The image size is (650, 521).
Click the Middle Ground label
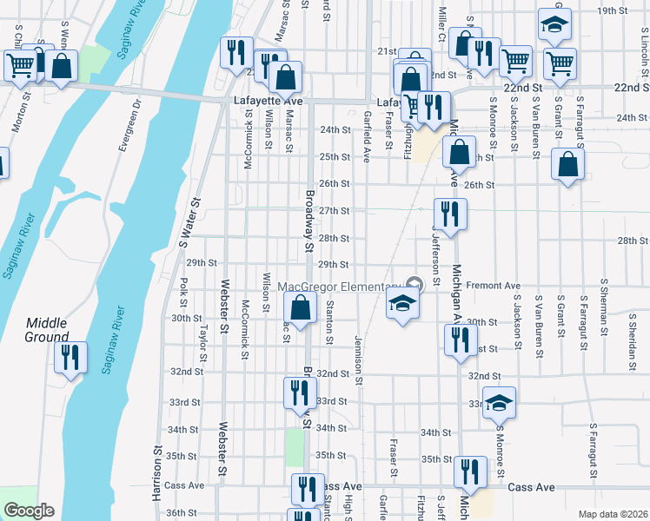pyautogui.click(x=47, y=330)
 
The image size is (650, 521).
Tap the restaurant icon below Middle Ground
pyautogui.click(x=70, y=358)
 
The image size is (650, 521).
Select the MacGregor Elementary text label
pyautogui.click(x=344, y=287)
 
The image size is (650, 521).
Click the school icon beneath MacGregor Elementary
pyautogui.click(x=402, y=304)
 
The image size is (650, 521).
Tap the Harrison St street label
pyautogui.click(x=157, y=473)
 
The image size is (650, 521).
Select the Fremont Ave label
pyautogui.click(x=493, y=285)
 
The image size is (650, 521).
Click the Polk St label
pyautogui.click(x=184, y=293)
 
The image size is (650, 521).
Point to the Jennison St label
pyautogui.click(x=358, y=361)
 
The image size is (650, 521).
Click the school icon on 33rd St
pyautogui.click(x=499, y=403)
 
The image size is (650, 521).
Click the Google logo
pyautogui.click(x=28, y=511)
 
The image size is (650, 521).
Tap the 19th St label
pyautogui.click(x=613, y=10)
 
